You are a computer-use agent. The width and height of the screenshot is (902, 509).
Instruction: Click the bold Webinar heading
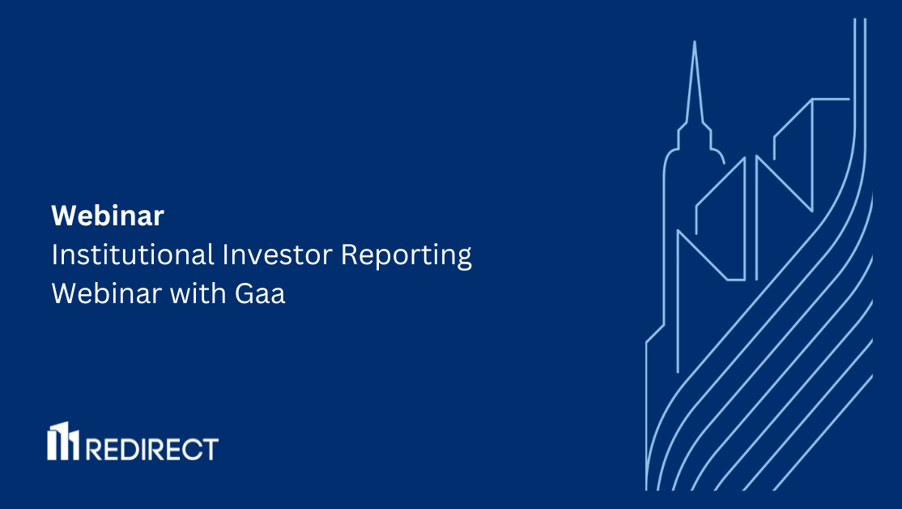[x=108, y=216]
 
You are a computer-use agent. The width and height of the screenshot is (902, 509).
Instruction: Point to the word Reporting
[x=406, y=256]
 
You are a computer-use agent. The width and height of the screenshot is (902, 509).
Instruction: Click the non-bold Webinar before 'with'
[x=106, y=293]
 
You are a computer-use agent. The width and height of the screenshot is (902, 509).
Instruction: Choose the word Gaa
[x=260, y=293]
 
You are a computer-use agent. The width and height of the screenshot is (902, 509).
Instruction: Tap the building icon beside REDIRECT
[x=62, y=442]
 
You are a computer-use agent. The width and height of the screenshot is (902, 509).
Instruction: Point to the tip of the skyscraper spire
[x=694, y=41]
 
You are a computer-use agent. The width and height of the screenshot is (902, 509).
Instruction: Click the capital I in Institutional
[x=55, y=254]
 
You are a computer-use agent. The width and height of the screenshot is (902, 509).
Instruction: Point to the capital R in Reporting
[x=349, y=254]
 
